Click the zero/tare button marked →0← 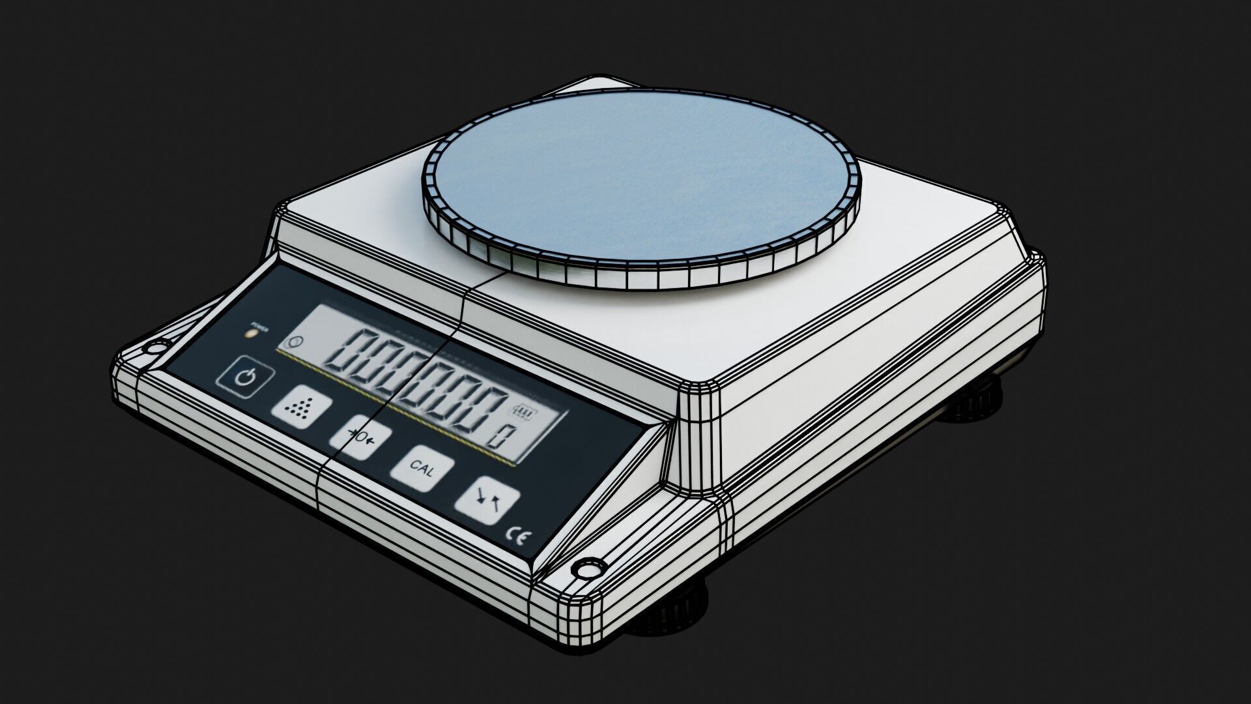pos(360,436)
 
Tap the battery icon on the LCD pos(524,412)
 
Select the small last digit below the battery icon pos(500,435)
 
